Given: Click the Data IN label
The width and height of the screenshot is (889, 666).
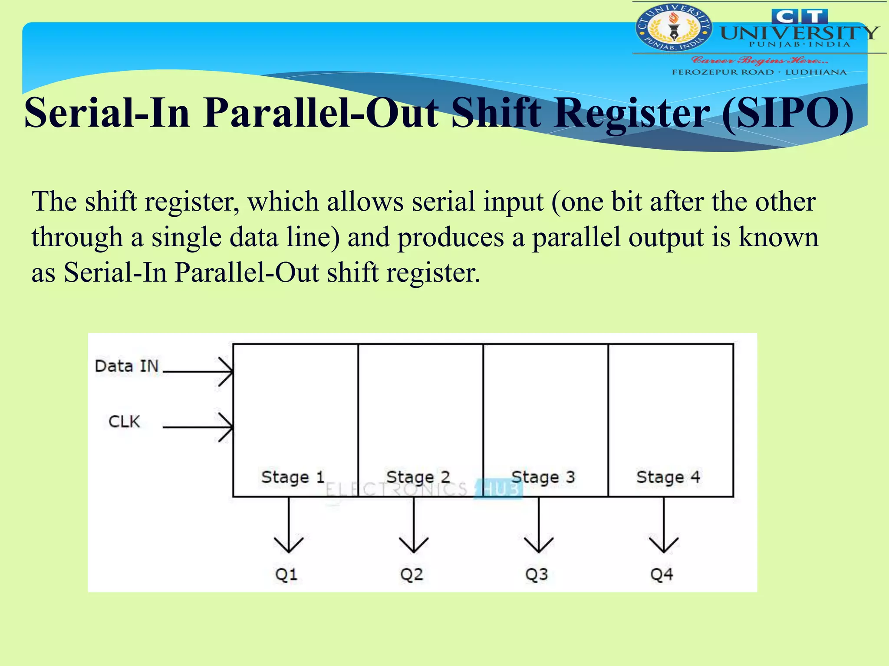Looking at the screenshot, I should pos(127,366).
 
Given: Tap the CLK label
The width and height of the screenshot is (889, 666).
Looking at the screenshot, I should pos(124,421).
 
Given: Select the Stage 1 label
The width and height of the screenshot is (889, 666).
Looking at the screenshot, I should pos(293,477).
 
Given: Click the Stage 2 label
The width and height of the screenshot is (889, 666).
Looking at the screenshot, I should pos(418,477).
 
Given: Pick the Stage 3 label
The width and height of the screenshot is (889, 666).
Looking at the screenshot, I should pos(543,477).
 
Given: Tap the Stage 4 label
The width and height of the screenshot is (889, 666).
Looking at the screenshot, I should pos(668,477).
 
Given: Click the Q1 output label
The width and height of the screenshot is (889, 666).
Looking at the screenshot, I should pos(286,575).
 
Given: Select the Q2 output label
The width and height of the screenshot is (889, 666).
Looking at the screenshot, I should pos(412,575).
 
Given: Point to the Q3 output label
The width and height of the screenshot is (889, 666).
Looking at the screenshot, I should pos(537,575).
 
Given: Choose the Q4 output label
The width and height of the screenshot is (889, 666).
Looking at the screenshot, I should pos(662,575).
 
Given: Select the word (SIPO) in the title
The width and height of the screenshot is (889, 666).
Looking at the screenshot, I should pos(787,114).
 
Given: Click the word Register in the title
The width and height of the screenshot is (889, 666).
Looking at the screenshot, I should pos(632,114).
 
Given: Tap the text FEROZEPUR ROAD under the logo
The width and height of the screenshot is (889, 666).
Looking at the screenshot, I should pos(723,72).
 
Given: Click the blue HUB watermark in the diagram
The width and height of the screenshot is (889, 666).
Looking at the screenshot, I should pos(499,489).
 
